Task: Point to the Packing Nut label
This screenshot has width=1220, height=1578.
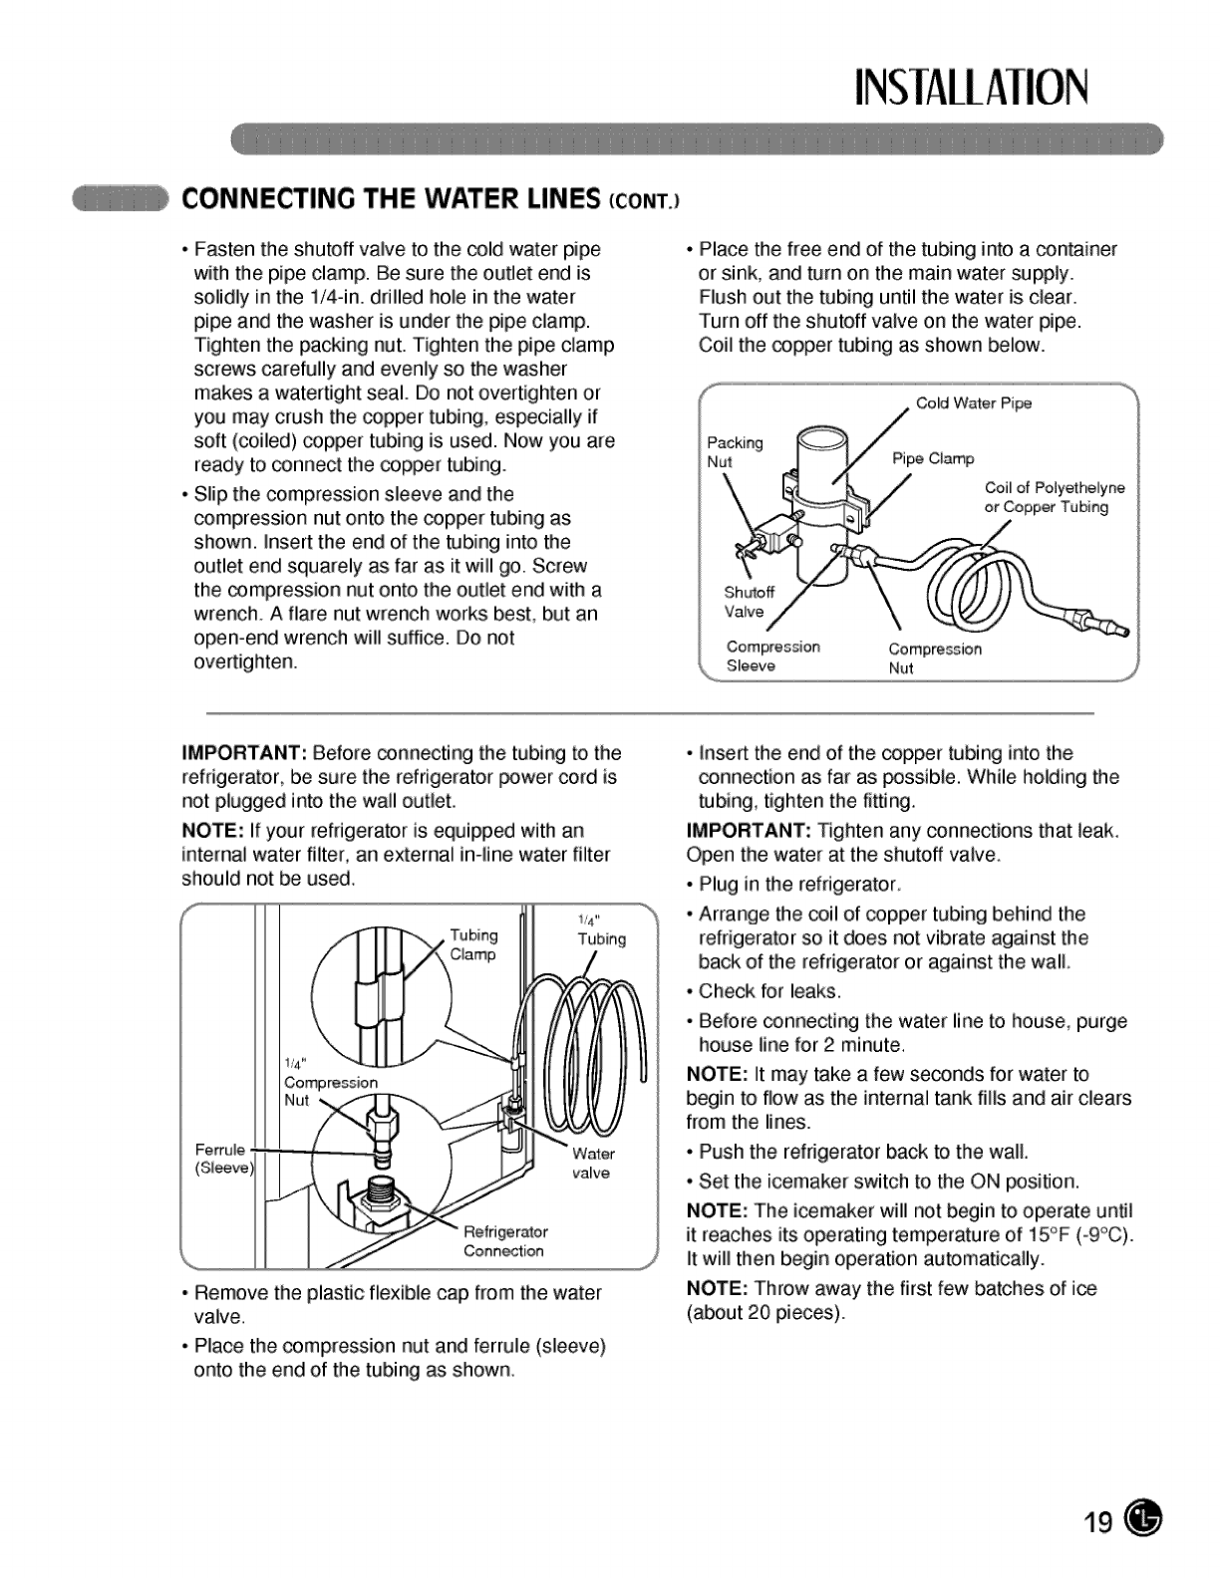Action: click(x=734, y=451)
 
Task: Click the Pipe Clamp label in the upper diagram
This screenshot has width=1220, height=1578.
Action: click(x=932, y=458)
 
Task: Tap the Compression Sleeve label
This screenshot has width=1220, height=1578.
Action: click(x=772, y=657)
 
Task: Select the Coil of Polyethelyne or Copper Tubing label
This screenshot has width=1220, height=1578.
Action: click(x=1054, y=497)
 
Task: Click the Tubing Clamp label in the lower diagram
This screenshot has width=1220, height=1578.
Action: click(x=473, y=944)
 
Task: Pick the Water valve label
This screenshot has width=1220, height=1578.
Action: click(x=593, y=1164)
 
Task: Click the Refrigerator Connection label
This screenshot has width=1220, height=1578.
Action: click(x=505, y=1240)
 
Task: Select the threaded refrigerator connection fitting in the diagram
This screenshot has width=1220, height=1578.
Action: click(x=383, y=1193)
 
